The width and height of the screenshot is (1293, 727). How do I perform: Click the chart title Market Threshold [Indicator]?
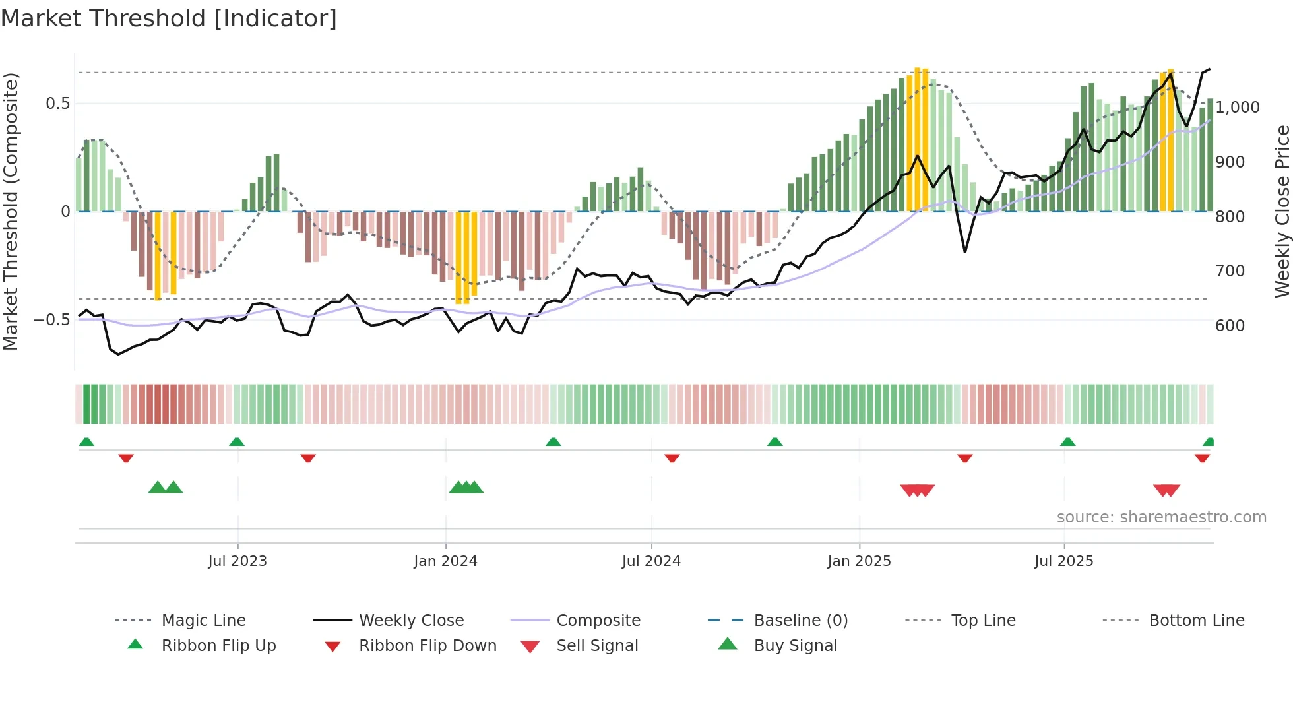pyautogui.click(x=169, y=18)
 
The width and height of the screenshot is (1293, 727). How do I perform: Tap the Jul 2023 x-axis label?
pyautogui.click(x=237, y=561)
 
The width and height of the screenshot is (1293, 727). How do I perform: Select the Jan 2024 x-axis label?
pyautogui.click(x=445, y=561)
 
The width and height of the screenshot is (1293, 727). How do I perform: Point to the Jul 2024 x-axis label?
pyautogui.click(x=651, y=561)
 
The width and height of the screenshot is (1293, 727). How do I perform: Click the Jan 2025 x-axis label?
pyautogui.click(x=859, y=561)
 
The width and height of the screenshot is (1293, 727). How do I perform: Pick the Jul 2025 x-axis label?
pyautogui.click(x=1063, y=561)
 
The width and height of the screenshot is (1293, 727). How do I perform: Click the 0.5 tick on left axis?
pyautogui.click(x=57, y=104)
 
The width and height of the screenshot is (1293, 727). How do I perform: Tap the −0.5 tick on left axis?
pyautogui.click(x=52, y=320)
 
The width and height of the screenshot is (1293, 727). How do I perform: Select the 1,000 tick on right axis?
pyautogui.click(x=1237, y=108)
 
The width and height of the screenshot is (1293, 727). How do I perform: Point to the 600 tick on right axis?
pyautogui.click(x=1230, y=326)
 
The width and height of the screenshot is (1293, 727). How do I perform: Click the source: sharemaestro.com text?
pyautogui.click(x=1161, y=517)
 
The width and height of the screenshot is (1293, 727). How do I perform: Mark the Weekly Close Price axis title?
pyautogui.click(x=1282, y=211)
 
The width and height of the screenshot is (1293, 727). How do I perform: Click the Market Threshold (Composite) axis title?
pyautogui.click(x=11, y=211)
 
